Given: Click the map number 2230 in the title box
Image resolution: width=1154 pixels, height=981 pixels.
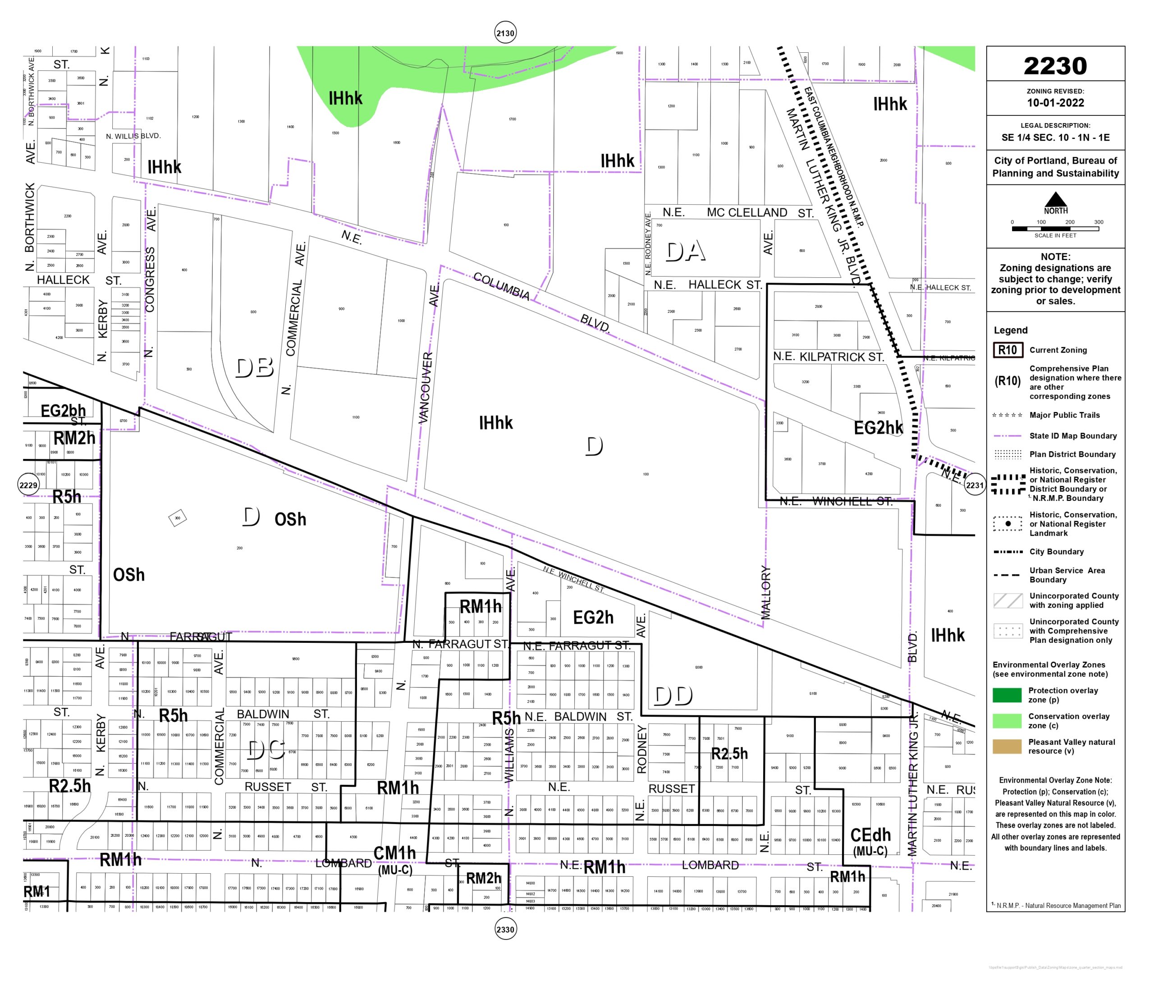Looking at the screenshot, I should coord(1054,66).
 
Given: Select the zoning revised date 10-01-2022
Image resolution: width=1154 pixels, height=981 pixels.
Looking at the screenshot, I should coord(1055,103).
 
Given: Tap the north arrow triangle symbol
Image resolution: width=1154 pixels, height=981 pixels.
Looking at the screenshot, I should coord(1055,199).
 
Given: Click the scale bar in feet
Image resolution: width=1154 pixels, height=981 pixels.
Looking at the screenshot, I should coord(1054,229).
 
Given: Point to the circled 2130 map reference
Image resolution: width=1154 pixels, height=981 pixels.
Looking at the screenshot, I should coord(505,33).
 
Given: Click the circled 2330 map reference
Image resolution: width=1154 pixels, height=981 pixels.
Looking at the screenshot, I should coord(505,929).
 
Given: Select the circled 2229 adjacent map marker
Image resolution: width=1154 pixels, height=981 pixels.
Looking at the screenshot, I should coord(28,485).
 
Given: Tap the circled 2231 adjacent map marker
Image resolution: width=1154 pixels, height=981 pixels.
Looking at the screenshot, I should coord(975,485).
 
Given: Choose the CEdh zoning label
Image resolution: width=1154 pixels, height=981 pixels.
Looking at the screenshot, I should coord(870,835).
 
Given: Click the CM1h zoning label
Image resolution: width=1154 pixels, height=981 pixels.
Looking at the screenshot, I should coord(394,853).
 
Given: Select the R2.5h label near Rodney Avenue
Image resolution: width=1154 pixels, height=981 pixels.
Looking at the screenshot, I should coord(729,753).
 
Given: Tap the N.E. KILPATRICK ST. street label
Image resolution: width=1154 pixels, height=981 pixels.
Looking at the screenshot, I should coord(828,357).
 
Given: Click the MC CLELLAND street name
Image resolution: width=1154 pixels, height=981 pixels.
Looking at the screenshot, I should coord(746,212).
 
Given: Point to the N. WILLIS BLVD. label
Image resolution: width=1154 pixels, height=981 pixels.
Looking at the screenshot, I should coord(133,136).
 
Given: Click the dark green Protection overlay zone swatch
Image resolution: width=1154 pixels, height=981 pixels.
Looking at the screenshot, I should coord(1007,695).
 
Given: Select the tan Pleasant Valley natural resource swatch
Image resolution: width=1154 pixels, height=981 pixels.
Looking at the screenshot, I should coord(1007,746).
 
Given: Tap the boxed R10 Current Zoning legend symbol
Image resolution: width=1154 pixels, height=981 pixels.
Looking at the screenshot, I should coord(1007,350).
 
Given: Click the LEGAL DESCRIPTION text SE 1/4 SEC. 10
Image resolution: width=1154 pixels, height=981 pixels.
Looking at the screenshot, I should coord(1055,138).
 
